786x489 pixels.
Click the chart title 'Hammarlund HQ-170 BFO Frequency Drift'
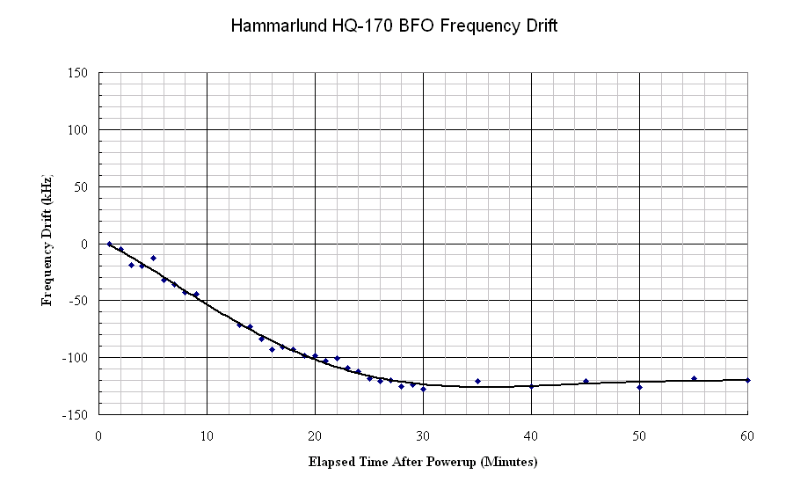(394, 26)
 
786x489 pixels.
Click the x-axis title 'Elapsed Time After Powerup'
(423, 462)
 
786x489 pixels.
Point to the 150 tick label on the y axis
(76, 73)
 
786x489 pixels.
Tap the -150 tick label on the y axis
(75, 414)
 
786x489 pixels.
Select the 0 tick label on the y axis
(84, 244)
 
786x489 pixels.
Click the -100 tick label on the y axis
(75, 357)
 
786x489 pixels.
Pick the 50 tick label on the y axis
(80, 186)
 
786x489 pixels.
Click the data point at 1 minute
(109, 244)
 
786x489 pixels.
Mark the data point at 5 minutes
(153, 258)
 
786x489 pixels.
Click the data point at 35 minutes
(477, 381)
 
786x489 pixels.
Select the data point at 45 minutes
(586, 381)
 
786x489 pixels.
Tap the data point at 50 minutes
(639, 387)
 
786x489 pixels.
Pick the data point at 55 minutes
(694, 378)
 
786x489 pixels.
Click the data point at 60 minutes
(747, 380)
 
